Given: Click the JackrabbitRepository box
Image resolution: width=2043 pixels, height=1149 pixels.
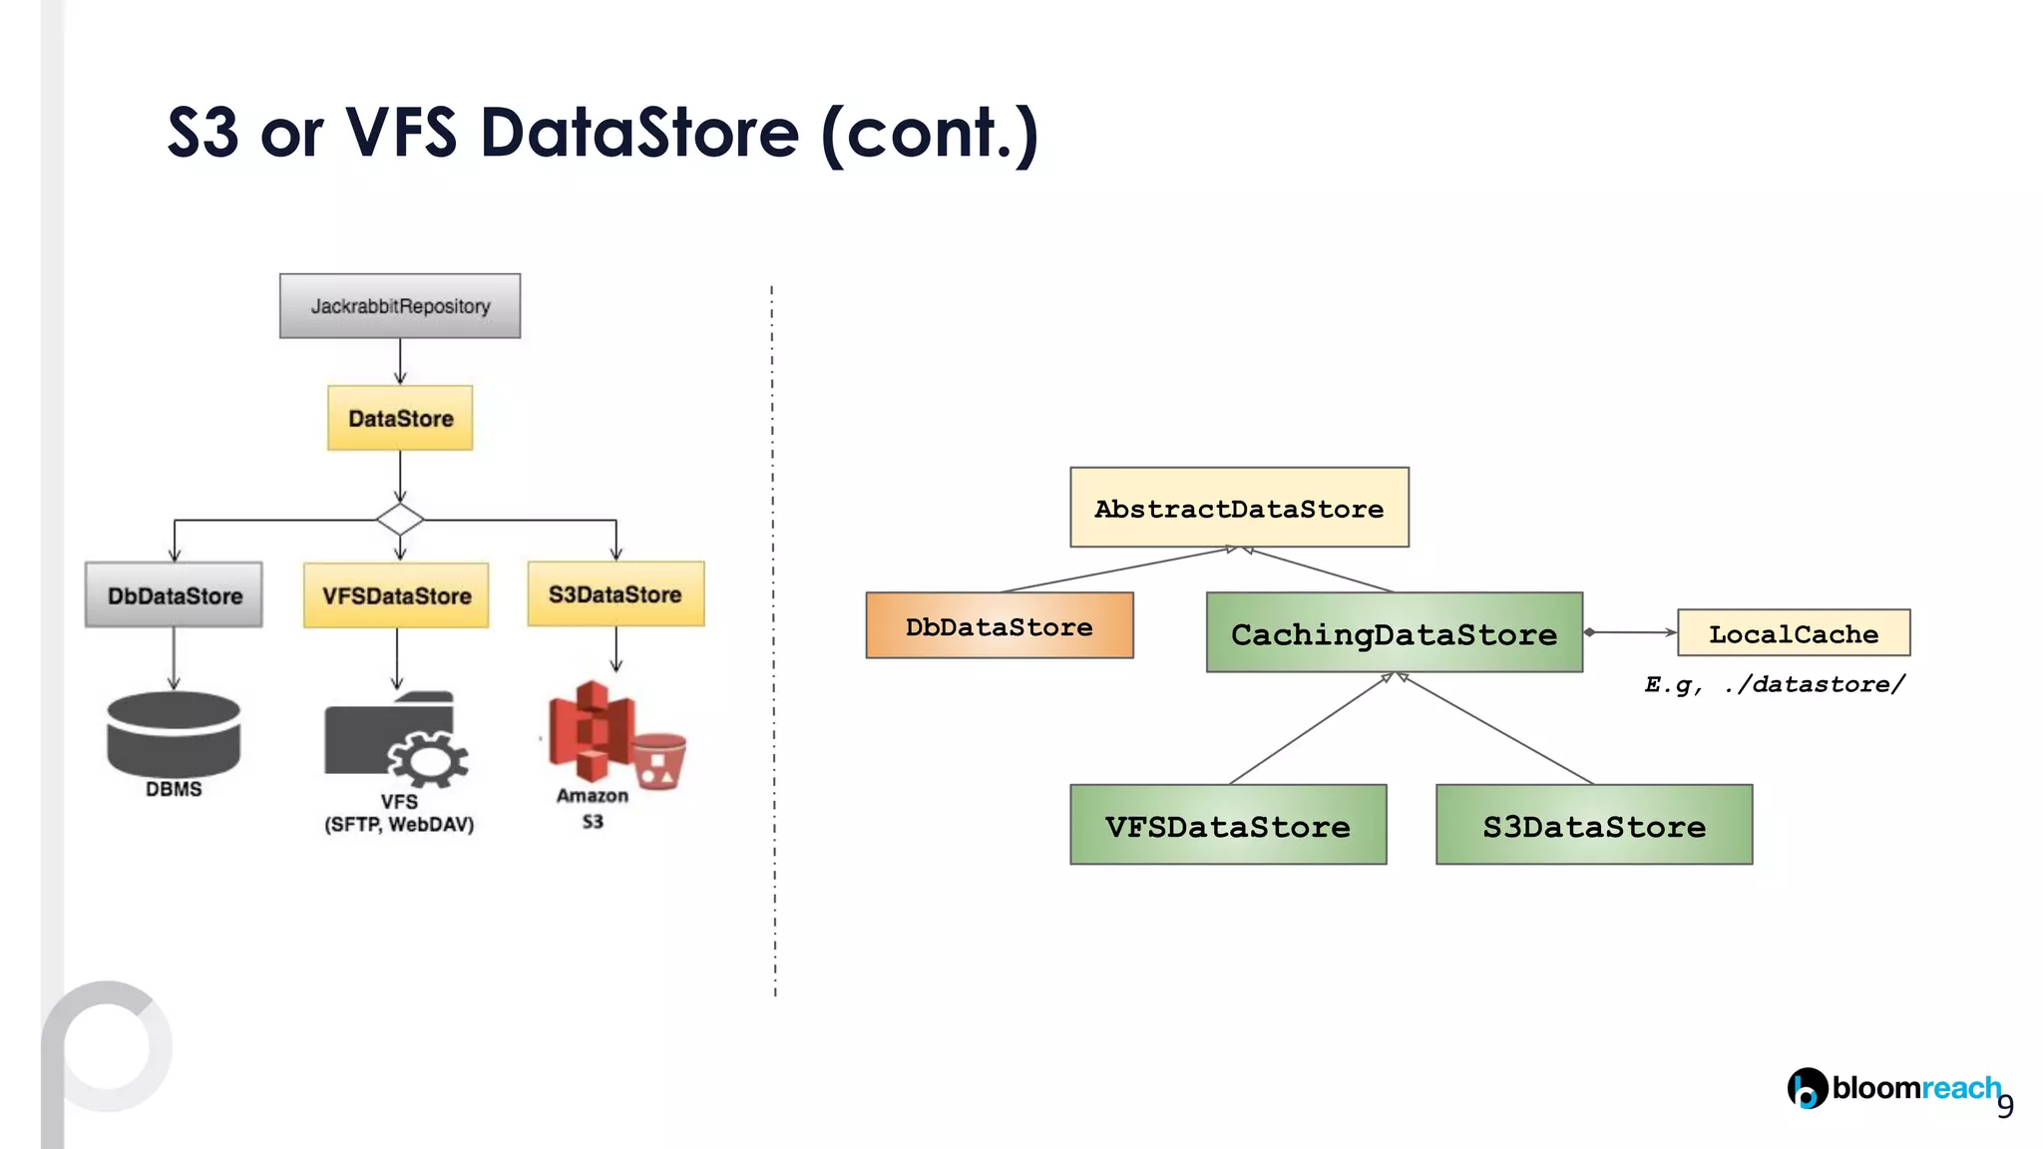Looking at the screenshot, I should coord(399,306).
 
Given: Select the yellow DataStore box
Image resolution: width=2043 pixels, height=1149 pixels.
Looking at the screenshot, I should coord(400,418).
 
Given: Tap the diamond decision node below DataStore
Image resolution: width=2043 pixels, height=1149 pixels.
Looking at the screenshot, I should coord(400,519).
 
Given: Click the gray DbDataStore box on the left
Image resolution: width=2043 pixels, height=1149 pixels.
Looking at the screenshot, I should coord(174,595).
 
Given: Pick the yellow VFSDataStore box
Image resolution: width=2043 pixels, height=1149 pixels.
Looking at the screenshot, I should coord(396,595).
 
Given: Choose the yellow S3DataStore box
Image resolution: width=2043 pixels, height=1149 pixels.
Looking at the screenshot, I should coord(615,594).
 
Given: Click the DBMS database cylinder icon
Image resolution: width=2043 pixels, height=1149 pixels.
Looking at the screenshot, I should coord(174,734).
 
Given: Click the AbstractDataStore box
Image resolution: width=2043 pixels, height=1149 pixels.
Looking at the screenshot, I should coord(1239,508).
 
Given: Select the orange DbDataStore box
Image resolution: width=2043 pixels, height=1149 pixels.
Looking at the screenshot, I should coord(999,626).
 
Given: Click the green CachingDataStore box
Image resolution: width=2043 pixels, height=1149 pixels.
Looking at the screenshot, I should coord(1394,633).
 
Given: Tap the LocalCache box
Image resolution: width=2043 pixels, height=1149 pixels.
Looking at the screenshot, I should coord(1793,633).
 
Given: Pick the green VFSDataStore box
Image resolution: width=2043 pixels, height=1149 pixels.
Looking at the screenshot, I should coord(1228,825).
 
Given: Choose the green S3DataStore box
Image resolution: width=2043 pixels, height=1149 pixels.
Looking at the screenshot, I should coord(1593,825).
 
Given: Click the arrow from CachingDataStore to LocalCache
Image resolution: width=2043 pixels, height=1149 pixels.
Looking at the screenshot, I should coord(1631,632).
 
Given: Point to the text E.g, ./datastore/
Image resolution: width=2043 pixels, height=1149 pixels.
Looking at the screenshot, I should coord(1775,684).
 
